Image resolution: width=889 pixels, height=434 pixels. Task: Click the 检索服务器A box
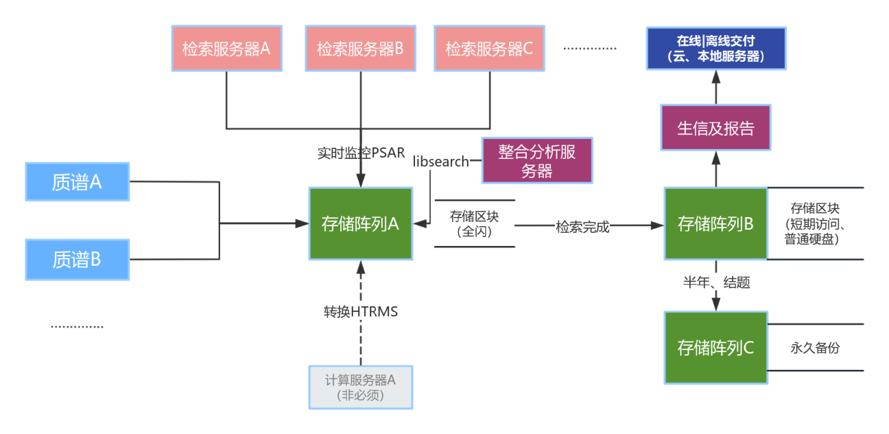pyautogui.click(x=227, y=49)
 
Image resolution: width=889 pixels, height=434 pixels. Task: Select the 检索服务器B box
pyautogui.click(x=360, y=49)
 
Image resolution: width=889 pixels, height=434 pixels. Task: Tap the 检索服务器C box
pyautogui.click(x=489, y=49)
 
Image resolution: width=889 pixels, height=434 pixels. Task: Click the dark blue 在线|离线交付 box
pyautogui.click(x=716, y=49)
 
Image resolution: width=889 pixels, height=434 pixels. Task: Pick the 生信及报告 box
pyautogui.click(x=716, y=128)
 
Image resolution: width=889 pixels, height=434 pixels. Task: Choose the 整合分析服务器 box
pyautogui.click(x=537, y=161)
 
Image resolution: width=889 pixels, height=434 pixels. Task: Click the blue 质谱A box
pyautogui.click(x=77, y=182)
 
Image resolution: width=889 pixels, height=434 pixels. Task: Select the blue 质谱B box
pyautogui.click(x=77, y=259)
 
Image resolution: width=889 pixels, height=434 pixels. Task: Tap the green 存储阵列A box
pyautogui.click(x=360, y=223)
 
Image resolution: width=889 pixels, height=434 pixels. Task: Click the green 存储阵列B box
pyautogui.click(x=716, y=223)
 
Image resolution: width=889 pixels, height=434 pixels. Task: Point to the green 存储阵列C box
pyautogui.click(x=716, y=348)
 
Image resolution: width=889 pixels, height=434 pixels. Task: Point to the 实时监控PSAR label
pyautogui.click(x=361, y=153)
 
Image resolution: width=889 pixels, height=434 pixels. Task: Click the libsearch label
pyautogui.click(x=441, y=162)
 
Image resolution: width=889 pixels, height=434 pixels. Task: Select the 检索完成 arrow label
pyautogui.click(x=582, y=227)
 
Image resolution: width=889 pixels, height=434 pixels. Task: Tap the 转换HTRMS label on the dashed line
pyautogui.click(x=360, y=312)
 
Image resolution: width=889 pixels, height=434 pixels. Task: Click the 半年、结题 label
pyautogui.click(x=716, y=282)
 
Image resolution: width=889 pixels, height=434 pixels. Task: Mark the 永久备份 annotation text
pyautogui.click(x=815, y=348)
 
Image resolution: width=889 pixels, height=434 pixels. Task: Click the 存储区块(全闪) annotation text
pyautogui.click(x=474, y=224)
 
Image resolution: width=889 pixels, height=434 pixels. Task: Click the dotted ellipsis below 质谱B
pyautogui.click(x=77, y=326)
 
